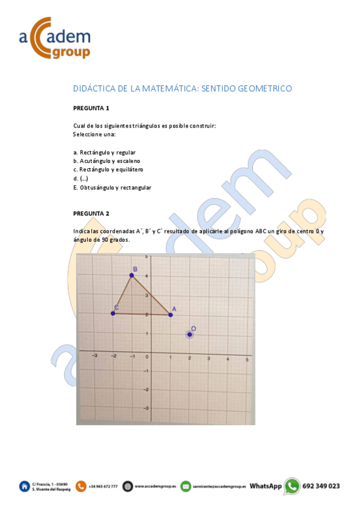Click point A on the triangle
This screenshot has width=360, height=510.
pos(171,314)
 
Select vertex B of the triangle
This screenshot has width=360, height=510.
pos(132,275)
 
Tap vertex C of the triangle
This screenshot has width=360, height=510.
pos(113,313)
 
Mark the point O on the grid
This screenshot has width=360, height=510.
pos(189,334)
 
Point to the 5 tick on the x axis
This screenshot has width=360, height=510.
pos(248,359)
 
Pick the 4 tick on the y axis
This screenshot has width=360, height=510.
pos(148,275)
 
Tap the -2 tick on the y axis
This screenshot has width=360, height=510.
pos(146,389)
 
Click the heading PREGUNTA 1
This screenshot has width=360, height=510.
pos(91,108)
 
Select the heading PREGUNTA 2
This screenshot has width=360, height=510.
pos(91,214)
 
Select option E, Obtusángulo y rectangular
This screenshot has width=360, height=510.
pos(112,188)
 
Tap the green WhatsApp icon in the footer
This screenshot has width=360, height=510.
pos(292,486)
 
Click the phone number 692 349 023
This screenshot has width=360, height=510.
pos(321,486)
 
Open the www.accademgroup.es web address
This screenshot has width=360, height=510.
pos(155,487)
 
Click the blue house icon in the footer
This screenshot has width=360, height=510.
pos(25,486)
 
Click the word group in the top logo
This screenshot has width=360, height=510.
pos(71,52)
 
